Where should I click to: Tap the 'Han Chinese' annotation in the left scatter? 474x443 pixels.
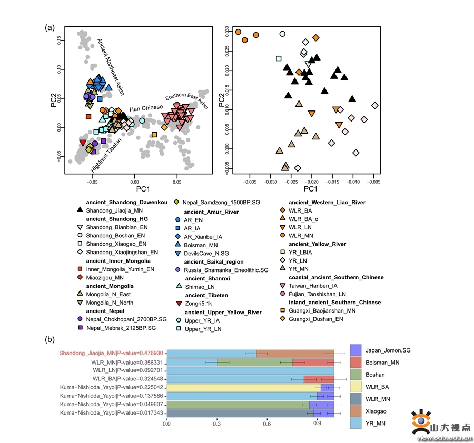click(x=146, y=108)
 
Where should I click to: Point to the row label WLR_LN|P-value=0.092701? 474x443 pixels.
click(x=129, y=370)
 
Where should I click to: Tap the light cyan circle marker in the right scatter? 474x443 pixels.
click(x=282, y=34)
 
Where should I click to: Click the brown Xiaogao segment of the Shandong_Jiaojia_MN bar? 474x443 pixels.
click(x=295, y=353)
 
